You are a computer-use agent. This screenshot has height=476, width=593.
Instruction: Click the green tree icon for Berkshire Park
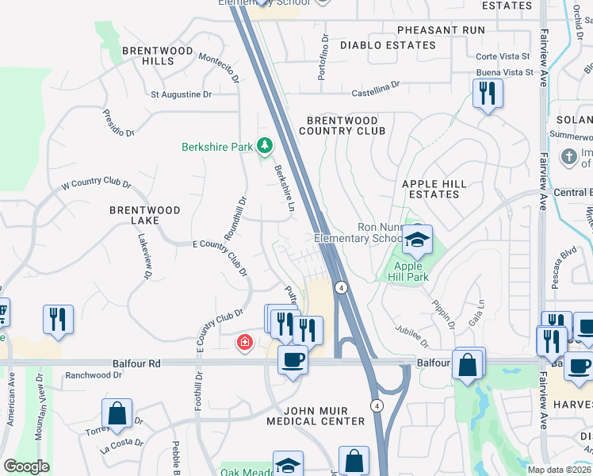[264, 146]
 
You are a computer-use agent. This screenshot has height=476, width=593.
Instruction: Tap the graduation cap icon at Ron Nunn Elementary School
[416, 238]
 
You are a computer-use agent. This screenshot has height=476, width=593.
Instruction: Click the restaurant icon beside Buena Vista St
[488, 94]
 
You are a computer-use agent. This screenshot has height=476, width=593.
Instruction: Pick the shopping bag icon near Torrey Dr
[117, 413]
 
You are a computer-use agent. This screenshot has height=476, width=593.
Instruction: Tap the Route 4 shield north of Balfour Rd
[340, 287]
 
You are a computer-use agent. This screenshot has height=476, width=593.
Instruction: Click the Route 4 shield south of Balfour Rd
[377, 405]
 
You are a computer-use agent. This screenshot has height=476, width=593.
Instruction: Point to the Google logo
[26, 466]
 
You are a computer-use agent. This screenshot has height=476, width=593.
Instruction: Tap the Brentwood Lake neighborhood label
[145, 217]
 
